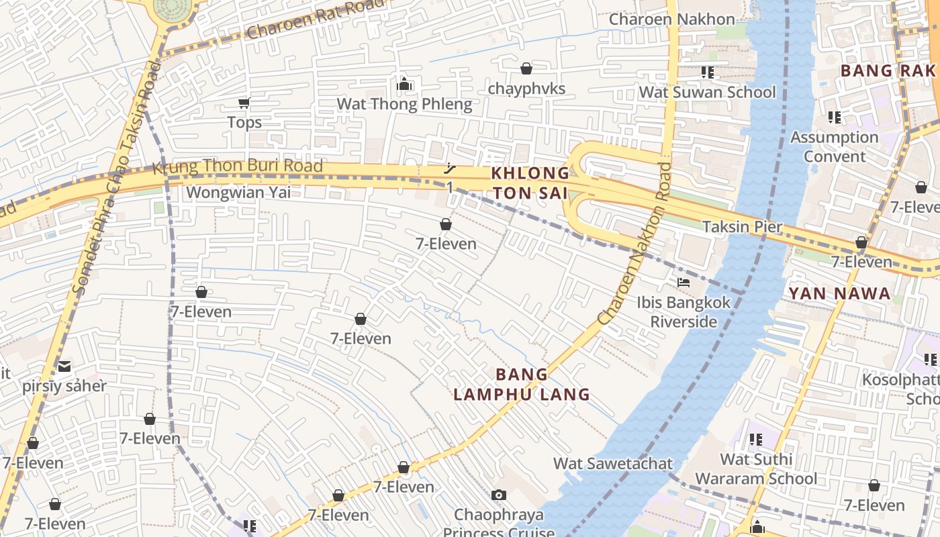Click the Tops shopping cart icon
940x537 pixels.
(244, 103)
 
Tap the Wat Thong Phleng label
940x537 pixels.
(404, 104)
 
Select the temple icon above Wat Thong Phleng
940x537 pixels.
(404, 84)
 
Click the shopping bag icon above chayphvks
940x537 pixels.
(526, 68)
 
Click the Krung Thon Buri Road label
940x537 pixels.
(238, 166)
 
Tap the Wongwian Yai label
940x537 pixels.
(238, 193)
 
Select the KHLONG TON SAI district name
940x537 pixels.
(530, 183)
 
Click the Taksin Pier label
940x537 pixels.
(742, 226)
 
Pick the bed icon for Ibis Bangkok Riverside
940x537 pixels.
(684, 283)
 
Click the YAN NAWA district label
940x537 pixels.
(839, 293)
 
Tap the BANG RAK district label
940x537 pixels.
(888, 70)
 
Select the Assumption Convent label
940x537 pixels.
(835, 146)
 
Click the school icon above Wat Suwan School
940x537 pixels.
(707, 72)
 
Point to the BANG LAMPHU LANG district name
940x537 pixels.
(522, 384)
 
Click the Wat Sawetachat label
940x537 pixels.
(612, 463)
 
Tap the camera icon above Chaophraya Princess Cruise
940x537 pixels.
(498, 495)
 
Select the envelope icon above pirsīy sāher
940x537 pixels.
(64, 366)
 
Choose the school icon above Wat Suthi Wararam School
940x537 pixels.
(756, 440)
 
